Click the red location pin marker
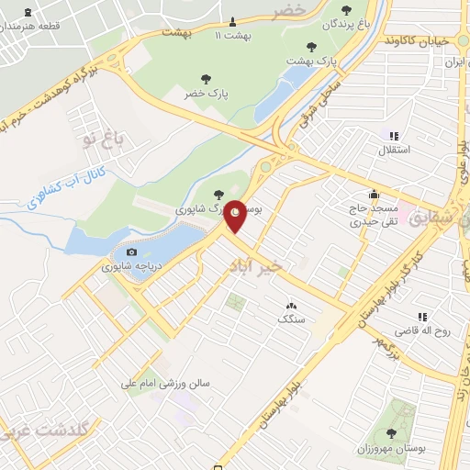[x=236, y=215]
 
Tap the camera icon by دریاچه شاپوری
[x=132, y=252]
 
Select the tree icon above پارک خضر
[x=204, y=79]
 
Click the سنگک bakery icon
[x=292, y=306]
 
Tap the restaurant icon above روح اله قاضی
[x=422, y=317]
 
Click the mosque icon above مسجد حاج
[x=374, y=195]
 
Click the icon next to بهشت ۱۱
[x=232, y=22]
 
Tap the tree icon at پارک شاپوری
[x=218, y=194]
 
